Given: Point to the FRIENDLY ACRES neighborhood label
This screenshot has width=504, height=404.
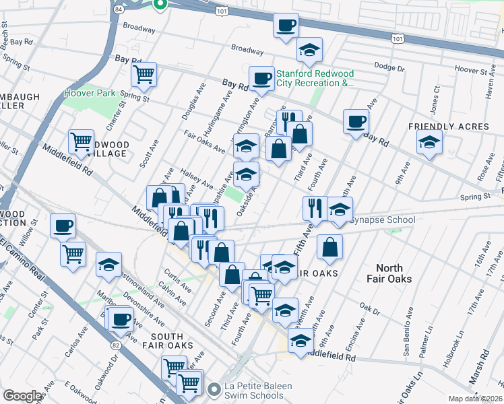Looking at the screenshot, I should [448, 127].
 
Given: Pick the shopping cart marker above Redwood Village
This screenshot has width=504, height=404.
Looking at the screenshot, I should [81, 142].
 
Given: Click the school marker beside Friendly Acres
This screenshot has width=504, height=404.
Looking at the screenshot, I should [429, 142].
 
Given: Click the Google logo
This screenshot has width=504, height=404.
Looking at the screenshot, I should [22, 396].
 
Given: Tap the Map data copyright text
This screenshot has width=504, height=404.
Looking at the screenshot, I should [475, 399].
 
